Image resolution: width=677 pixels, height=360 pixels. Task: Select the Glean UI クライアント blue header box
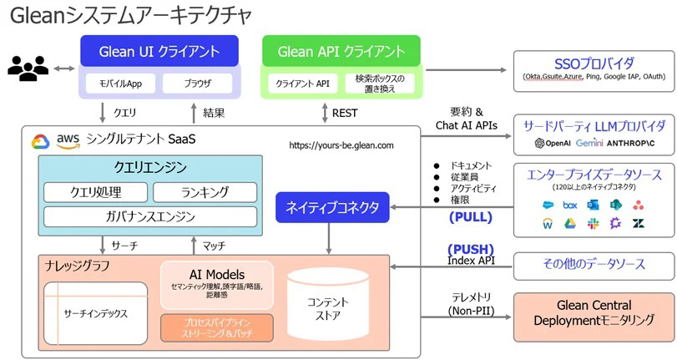[x=159, y=51]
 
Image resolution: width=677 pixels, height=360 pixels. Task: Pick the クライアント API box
[x=303, y=84]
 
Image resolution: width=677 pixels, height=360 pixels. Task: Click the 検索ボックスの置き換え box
[x=380, y=84]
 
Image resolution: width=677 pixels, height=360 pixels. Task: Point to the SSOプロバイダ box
[x=594, y=68]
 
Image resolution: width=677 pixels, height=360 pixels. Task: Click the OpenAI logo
[x=556, y=144]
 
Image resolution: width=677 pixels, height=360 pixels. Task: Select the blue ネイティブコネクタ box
[x=331, y=206]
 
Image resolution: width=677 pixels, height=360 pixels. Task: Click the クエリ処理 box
[x=94, y=193]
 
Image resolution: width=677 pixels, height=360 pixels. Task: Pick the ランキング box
[x=204, y=193]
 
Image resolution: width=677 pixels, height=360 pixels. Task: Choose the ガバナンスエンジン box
[x=149, y=216]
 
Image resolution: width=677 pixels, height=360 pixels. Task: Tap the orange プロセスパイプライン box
[x=216, y=327]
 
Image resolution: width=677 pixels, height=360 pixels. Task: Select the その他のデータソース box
[x=594, y=264]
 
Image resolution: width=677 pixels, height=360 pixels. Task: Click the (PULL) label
[x=471, y=217]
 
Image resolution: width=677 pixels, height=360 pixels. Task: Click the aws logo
[x=66, y=140]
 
